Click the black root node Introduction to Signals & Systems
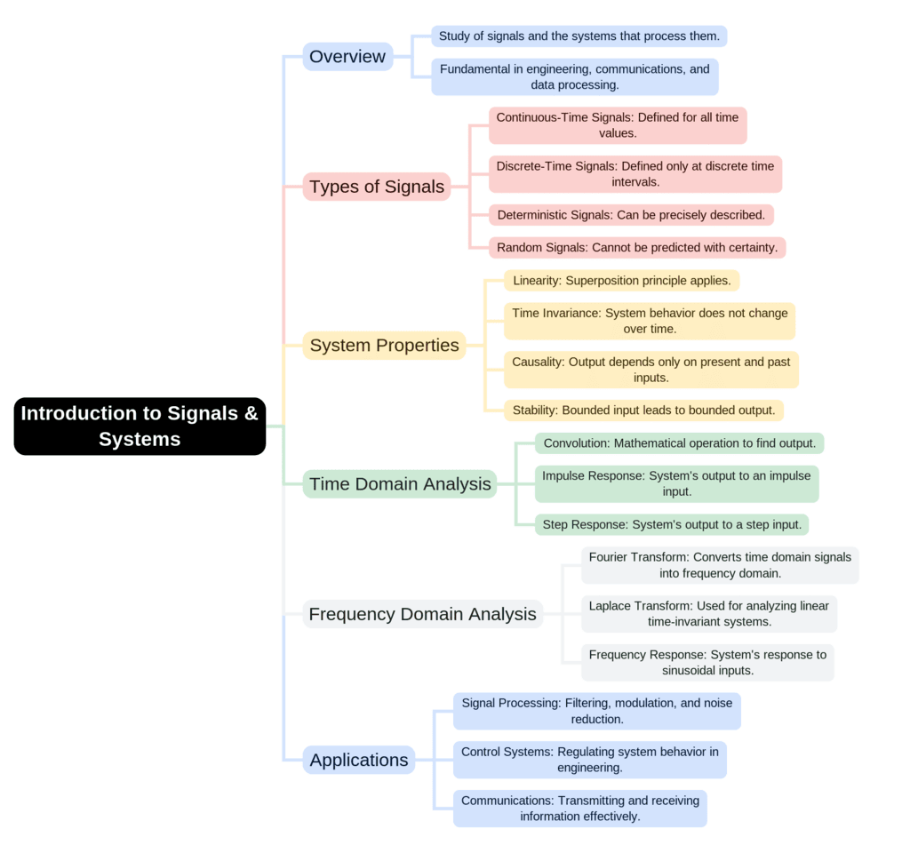pyautogui.click(x=140, y=426)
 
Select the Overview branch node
pyautogui.click(x=347, y=57)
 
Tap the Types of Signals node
pyautogui.click(x=377, y=187)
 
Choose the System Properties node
pyautogui.click(x=384, y=346)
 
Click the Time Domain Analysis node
pyautogui.click(x=399, y=484)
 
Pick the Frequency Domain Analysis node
pyautogui.click(x=422, y=614)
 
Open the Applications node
pyautogui.click(x=359, y=760)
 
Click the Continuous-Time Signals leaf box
pyautogui.click(x=618, y=125)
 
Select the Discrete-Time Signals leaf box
pyautogui.click(x=635, y=174)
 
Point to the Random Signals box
pyautogui.click(x=636, y=248)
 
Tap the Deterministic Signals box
pyautogui.click(x=631, y=215)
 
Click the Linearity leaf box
pyautogui.click(x=621, y=281)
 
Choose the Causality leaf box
pyautogui.click(x=651, y=370)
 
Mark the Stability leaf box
pyautogui.click(x=643, y=411)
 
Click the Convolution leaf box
pyautogui.click(x=679, y=443)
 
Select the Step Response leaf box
pyautogui.click(x=671, y=525)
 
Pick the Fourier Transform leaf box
pyautogui.click(x=720, y=565)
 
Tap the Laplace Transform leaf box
pyautogui.click(x=708, y=614)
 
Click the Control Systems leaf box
pyautogui.click(x=589, y=760)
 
